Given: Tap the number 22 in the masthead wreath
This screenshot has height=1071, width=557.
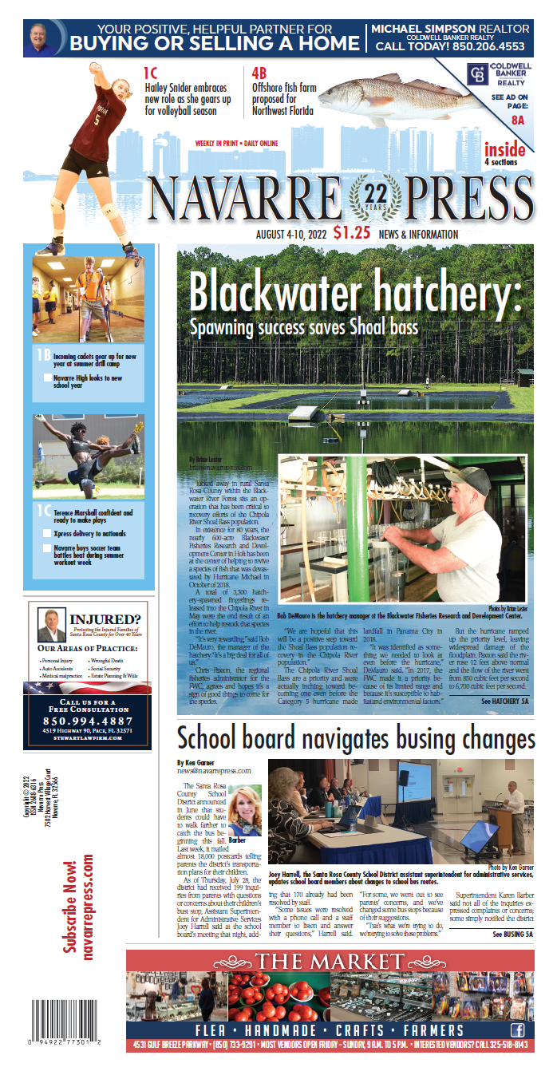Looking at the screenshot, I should pyautogui.click(x=374, y=194).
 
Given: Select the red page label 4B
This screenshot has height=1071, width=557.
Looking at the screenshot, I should pyautogui.click(x=260, y=73).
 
